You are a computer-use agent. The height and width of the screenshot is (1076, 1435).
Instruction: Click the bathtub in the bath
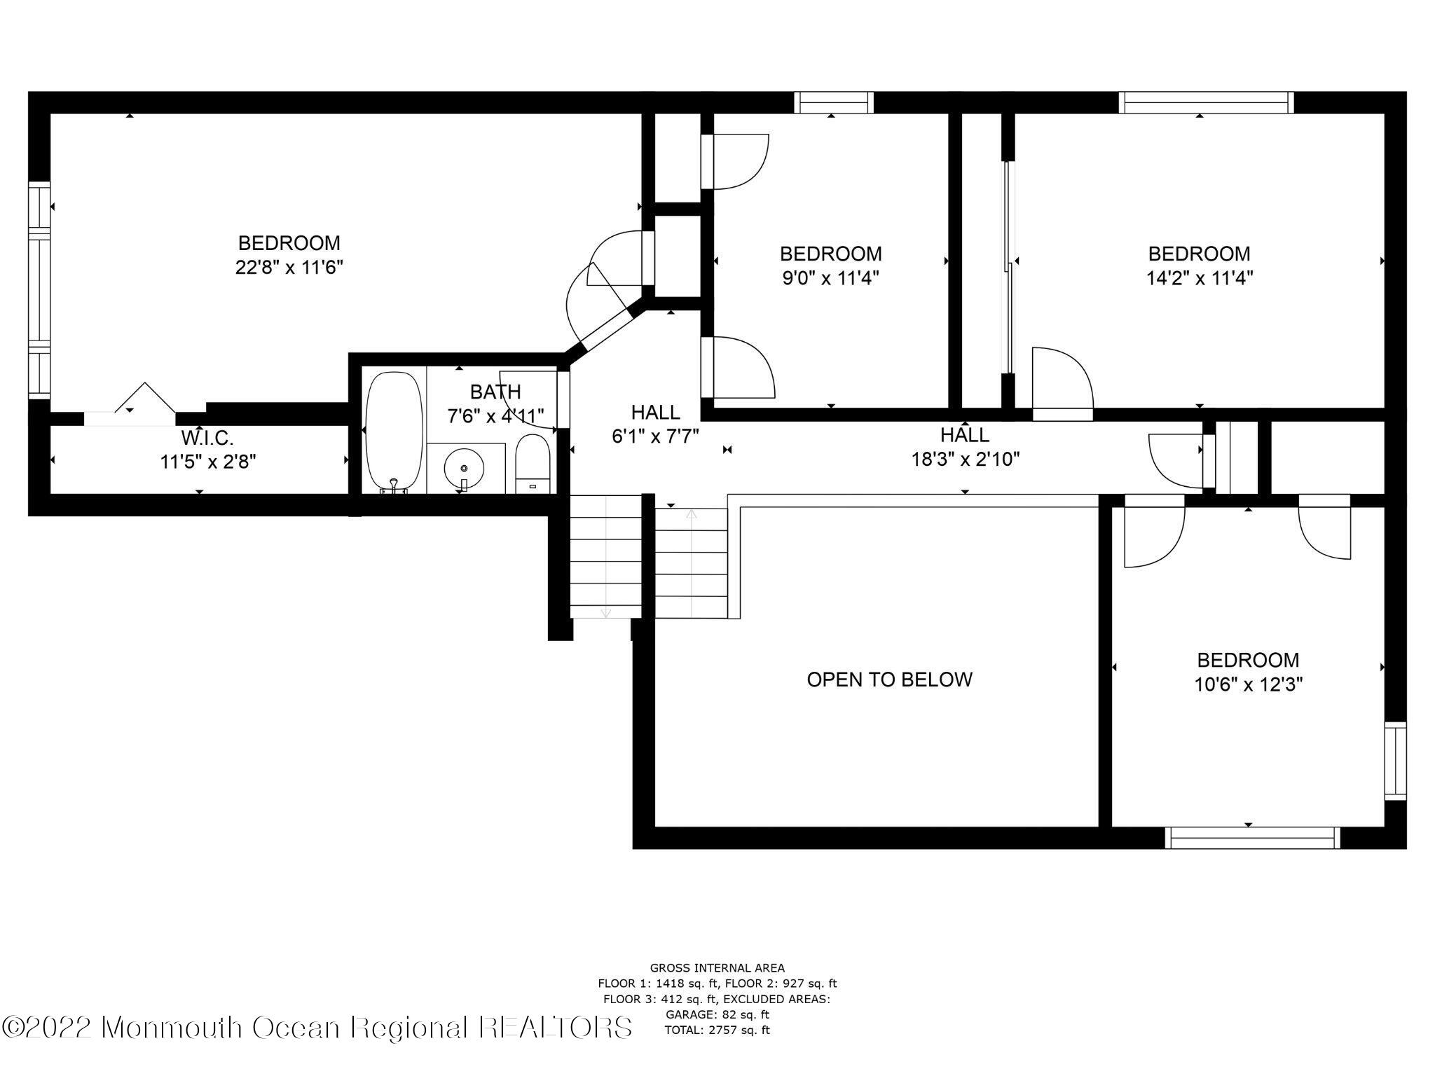click(x=394, y=432)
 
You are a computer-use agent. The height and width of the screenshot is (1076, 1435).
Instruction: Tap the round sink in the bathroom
click(x=464, y=468)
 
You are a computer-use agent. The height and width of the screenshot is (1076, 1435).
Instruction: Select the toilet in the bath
click(x=533, y=463)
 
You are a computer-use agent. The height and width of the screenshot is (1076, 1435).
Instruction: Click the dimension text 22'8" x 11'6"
click(x=289, y=268)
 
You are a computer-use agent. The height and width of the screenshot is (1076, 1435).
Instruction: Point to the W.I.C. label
click(x=207, y=439)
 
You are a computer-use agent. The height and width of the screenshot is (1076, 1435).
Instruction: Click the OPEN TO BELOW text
click(x=889, y=680)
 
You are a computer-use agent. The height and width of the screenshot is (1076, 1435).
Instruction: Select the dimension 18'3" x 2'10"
click(x=965, y=460)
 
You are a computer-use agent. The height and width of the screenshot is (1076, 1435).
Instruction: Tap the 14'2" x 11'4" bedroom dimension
click(x=1199, y=278)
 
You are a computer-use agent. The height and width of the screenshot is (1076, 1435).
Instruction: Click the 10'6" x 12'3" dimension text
click(x=1248, y=684)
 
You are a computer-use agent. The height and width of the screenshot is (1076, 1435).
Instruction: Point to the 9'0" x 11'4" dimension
click(x=830, y=278)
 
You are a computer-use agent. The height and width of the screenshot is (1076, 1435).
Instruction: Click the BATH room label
click(x=495, y=392)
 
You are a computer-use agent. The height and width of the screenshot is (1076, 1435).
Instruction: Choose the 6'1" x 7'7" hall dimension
click(x=655, y=436)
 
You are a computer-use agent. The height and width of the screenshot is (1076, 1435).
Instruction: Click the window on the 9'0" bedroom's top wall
click(x=833, y=103)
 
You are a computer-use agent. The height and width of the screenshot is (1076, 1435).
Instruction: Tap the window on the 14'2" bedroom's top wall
click(x=1205, y=103)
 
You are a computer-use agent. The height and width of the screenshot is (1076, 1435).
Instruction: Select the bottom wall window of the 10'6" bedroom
click(x=1252, y=838)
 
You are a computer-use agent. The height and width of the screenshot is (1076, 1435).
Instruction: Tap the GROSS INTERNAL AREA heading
click(x=717, y=969)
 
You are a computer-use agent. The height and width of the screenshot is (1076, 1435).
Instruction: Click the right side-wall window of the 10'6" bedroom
click(x=1395, y=761)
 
